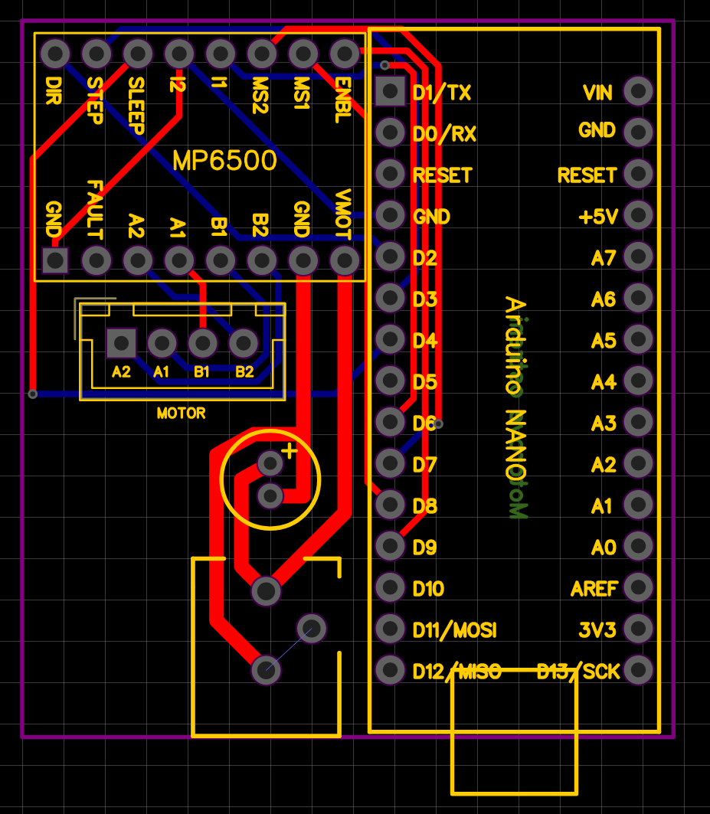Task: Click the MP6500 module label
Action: [x=224, y=161]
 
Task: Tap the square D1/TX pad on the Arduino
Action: [x=391, y=92]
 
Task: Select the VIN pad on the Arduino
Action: [x=638, y=92]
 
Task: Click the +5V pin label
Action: [x=598, y=217]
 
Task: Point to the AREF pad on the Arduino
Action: [x=638, y=588]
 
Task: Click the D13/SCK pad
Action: [x=638, y=671]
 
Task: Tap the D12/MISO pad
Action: [x=391, y=671]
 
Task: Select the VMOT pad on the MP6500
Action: [x=345, y=260]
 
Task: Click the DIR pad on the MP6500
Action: [x=55, y=54]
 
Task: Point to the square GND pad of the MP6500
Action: [x=55, y=260]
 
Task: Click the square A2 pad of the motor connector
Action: [x=121, y=343]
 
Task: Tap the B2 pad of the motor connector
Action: [x=244, y=343]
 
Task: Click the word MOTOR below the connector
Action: [x=181, y=414]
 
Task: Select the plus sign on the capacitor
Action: [x=289, y=451]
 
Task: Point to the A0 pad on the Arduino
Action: [x=638, y=547]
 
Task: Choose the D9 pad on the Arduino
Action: [x=391, y=547]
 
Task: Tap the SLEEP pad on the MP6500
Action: [x=138, y=54]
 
